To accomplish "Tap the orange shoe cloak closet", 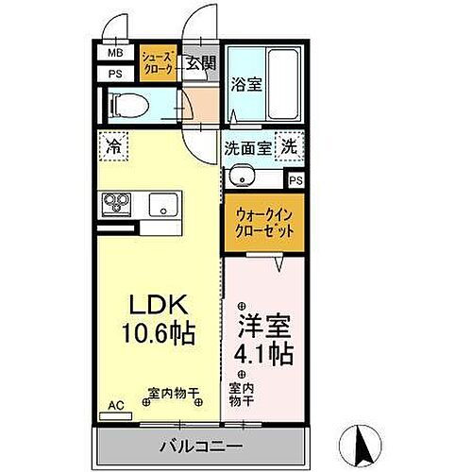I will (158, 62).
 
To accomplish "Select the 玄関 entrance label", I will (199, 63).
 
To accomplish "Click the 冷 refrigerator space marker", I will (112, 147).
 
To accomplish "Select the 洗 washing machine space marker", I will (290, 147).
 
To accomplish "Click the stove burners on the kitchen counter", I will (118, 203).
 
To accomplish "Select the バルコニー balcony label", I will (201, 445).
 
